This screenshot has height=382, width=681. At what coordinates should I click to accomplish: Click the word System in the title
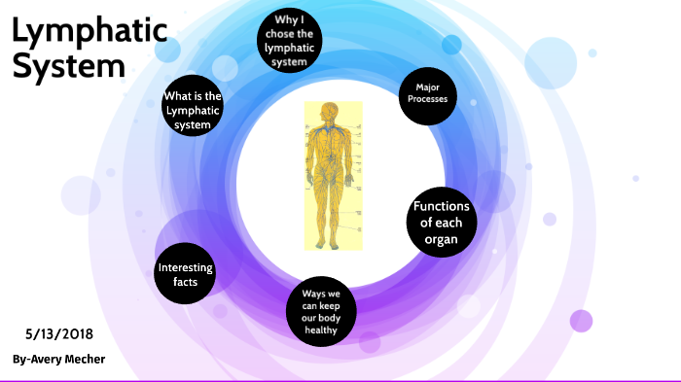[68, 66]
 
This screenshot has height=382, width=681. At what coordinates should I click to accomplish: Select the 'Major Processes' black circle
[428, 93]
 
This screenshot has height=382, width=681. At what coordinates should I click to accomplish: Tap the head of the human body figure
[332, 111]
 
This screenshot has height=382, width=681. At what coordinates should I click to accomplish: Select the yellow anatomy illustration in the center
[332, 175]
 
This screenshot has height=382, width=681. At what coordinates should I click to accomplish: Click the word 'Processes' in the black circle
[428, 100]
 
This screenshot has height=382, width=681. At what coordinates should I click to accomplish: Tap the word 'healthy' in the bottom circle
[320, 330]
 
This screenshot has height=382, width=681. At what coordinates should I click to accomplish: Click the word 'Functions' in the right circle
[442, 206]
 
